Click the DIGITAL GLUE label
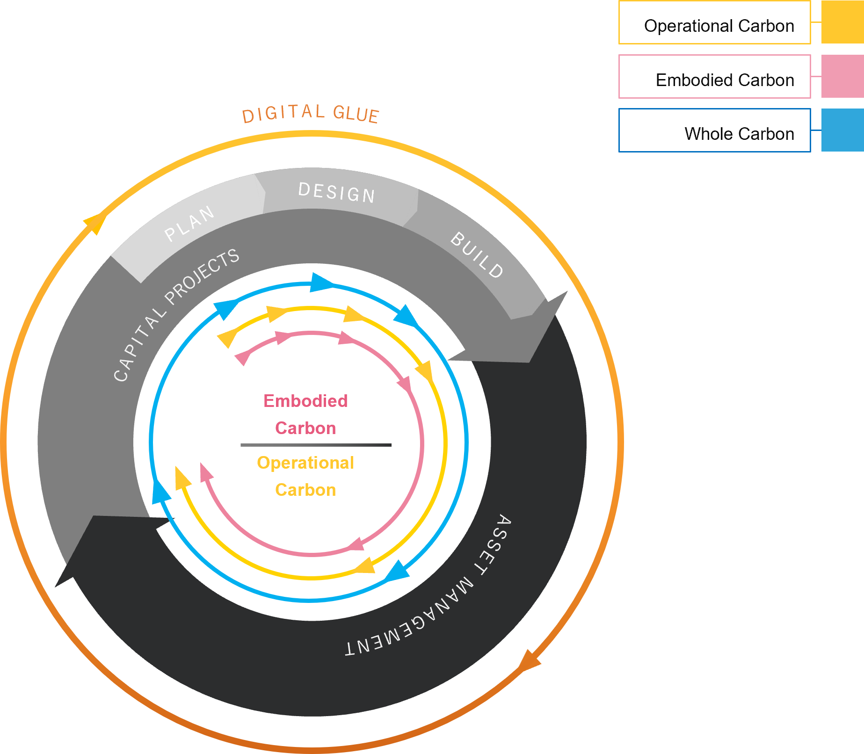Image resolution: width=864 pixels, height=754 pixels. (310, 114)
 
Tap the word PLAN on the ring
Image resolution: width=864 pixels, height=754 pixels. (189, 224)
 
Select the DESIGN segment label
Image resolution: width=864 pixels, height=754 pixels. (336, 193)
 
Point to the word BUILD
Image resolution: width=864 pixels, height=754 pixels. (477, 255)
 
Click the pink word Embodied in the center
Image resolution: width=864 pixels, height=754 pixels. (305, 401)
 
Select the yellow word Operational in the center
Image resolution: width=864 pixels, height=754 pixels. (305, 463)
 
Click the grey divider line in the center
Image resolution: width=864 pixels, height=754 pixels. (316, 445)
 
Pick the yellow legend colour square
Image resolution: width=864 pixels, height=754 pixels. (842, 22)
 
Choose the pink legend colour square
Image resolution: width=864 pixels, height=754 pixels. (842, 76)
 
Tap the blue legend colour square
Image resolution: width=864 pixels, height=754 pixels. (842, 130)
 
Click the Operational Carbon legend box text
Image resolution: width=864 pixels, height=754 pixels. (719, 26)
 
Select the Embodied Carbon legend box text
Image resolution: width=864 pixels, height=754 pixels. (725, 80)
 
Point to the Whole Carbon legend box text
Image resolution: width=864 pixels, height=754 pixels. (739, 134)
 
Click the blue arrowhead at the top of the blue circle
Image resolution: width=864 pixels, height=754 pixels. (321, 283)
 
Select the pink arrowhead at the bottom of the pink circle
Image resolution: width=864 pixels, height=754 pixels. (356, 544)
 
